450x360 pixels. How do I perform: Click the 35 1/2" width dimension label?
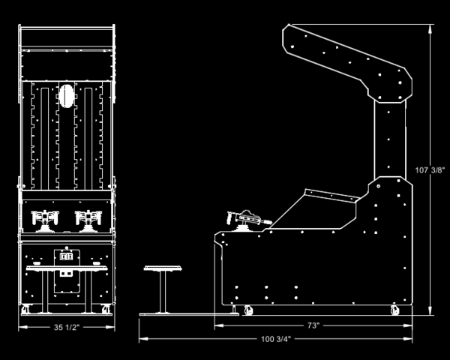pos(67,327)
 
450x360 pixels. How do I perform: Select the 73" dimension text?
pos(313,325)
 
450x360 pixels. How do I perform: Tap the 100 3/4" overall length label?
pos(276,339)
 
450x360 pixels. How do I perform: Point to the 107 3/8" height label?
pos(430,170)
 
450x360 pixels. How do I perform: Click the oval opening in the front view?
pos(67,96)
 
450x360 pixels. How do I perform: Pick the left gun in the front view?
pos(45,220)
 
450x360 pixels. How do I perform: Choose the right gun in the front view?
pos(88,220)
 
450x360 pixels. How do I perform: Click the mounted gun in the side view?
pos(248,220)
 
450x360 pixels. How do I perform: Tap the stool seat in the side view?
pos(163,268)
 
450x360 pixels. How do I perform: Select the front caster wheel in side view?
pos(248,310)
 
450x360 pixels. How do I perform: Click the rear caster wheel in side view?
pos(395,310)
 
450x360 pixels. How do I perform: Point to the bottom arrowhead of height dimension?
pos(430,310)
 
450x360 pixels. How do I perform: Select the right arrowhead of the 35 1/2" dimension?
pos(110,327)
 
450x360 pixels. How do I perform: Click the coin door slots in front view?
pos(66,256)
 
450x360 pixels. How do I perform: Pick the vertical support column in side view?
pos(390,139)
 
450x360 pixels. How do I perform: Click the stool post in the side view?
pos(163,292)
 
